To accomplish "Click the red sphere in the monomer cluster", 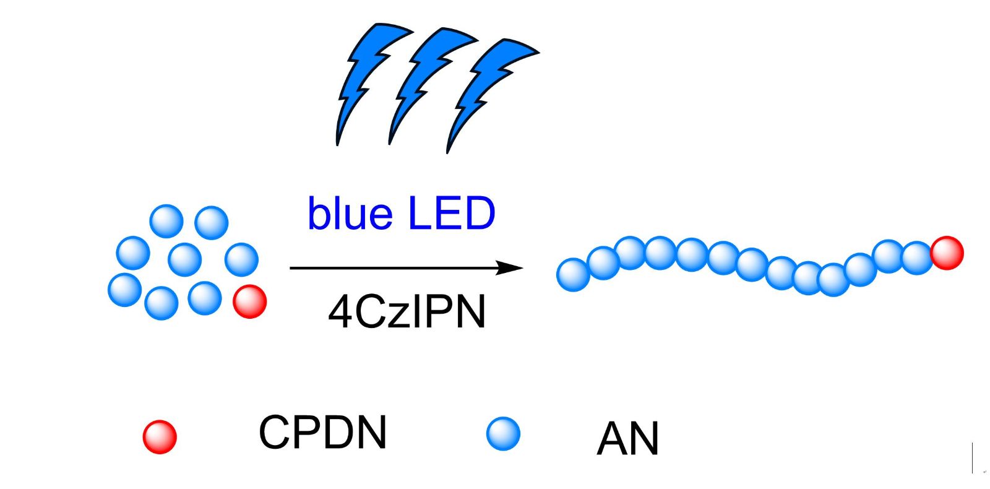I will [249, 301].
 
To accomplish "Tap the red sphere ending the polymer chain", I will [947, 253].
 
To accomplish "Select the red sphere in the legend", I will [160, 436].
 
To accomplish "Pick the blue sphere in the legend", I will [503, 433].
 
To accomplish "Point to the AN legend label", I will [627, 439].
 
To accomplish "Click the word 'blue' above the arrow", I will [350, 214].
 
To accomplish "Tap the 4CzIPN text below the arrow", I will [407, 311].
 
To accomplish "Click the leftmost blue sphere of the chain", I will [573, 275].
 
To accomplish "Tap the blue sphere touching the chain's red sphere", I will [917, 257].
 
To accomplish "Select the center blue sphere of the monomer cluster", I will [184, 259].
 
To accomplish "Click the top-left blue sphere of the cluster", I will [166, 222].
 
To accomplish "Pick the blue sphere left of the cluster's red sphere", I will [205, 298].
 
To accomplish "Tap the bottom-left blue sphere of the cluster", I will [125, 290].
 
